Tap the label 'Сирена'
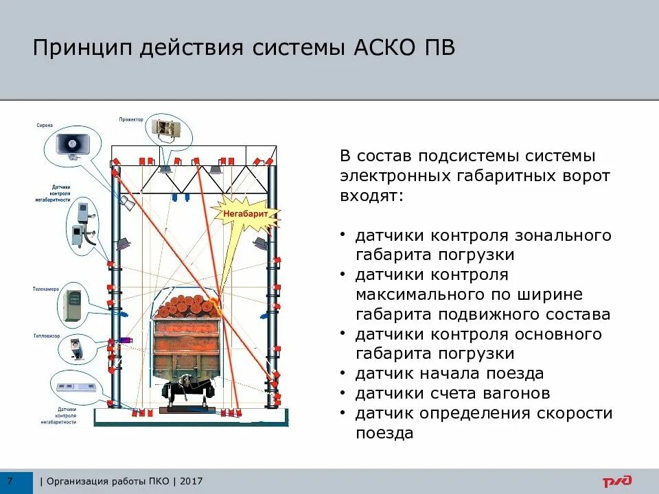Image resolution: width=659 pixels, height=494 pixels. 45,126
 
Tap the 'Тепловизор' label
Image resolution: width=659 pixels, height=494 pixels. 45,336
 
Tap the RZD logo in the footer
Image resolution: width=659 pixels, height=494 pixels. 617,482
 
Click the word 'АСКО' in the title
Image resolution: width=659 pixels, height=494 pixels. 370,49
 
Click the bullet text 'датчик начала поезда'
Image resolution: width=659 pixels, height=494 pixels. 449,374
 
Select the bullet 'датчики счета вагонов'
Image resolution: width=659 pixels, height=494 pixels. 452,394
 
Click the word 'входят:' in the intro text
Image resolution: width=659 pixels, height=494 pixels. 371,196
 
